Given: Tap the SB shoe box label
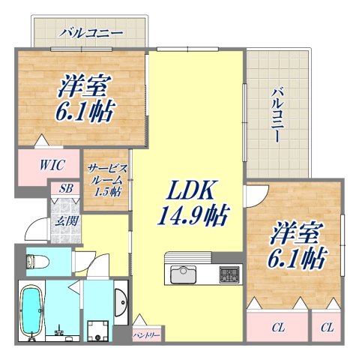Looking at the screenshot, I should point(65,190).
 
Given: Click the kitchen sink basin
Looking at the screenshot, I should point(183,275).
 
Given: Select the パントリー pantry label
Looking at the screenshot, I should point(146,335).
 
